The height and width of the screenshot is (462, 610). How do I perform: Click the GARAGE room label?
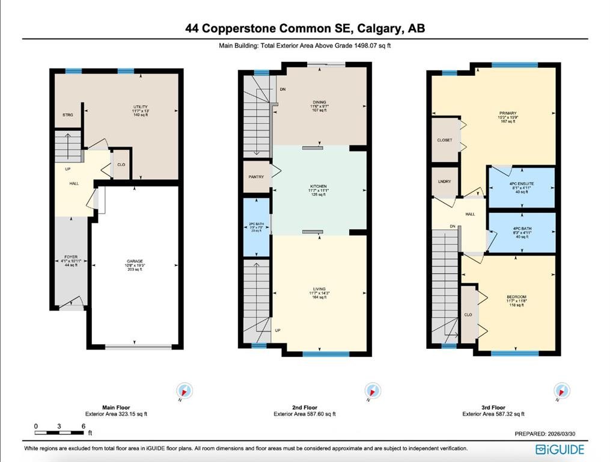[x=134, y=261]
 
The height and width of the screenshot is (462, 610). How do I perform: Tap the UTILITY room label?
[x=140, y=107]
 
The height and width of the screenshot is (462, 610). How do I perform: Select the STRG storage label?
[x=68, y=114]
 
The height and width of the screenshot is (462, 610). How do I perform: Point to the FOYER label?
[x=72, y=257]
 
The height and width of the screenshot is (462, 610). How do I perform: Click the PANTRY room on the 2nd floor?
[x=257, y=177]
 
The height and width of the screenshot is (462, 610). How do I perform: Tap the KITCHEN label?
[x=319, y=187]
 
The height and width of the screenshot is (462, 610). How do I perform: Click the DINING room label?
[x=319, y=102]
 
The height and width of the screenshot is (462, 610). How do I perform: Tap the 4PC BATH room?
[x=521, y=229]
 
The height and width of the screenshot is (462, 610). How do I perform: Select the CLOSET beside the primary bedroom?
[x=445, y=140]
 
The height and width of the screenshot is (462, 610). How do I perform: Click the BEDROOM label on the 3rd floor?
[x=516, y=297]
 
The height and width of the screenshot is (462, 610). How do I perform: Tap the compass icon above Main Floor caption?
[x=185, y=391]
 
